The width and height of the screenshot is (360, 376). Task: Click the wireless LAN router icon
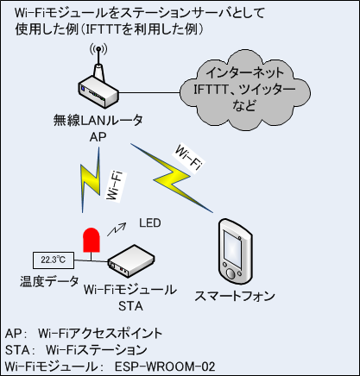tap(98, 86)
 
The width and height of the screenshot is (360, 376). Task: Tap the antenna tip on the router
tap(98, 48)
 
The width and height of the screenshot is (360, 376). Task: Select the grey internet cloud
tap(245, 90)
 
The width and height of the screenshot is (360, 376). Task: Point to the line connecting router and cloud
tap(149, 93)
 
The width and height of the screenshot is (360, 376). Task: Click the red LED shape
tap(92, 241)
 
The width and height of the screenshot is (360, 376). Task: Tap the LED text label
tap(150, 223)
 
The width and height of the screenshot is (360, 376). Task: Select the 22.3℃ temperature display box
tap(54, 260)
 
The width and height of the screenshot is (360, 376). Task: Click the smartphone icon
tap(235, 252)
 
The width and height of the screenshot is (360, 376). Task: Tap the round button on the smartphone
tap(231, 273)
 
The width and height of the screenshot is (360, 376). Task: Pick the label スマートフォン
tap(235, 296)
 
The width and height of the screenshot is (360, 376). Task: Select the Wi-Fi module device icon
tap(131, 261)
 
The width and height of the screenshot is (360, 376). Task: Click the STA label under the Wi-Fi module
tap(130, 306)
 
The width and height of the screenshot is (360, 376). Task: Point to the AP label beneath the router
tap(98, 137)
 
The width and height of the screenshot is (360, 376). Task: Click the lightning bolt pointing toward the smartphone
tap(172, 178)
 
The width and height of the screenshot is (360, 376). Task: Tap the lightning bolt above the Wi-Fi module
tap(90, 180)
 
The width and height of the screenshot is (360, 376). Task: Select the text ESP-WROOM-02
tap(165, 367)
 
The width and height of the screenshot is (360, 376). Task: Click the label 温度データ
tap(49, 281)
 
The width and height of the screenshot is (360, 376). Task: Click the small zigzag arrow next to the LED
tap(117, 229)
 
